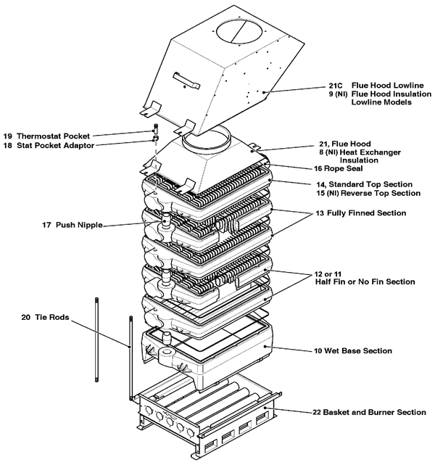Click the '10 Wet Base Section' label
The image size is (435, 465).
point(353,351)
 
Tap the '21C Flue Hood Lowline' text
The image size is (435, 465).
point(368,84)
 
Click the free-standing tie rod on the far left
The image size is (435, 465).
point(96,341)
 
